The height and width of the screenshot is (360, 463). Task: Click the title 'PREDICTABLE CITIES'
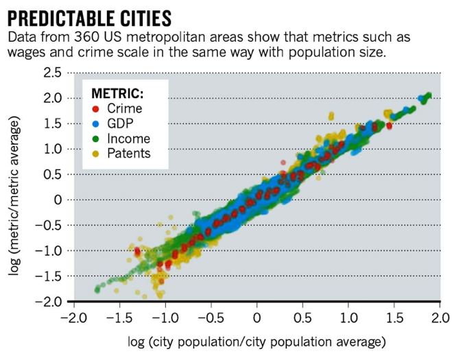[88, 15]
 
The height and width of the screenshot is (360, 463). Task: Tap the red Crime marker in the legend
[95, 108]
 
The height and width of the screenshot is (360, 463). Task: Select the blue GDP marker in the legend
[95, 123]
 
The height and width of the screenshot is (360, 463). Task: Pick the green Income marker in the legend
[95, 139]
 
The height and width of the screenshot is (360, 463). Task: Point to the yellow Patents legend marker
[95, 154]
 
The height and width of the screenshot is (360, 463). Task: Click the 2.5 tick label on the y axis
[52, 73]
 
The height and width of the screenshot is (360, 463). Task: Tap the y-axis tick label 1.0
[52, 149]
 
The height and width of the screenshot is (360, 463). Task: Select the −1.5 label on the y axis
[49, 276]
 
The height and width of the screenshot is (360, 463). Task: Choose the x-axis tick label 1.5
[394, 317]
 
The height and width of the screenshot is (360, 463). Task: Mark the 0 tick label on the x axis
[257, 317]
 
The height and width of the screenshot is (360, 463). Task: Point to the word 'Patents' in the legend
[128, 154]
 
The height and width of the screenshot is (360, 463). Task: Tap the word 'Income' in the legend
[128, 139]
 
